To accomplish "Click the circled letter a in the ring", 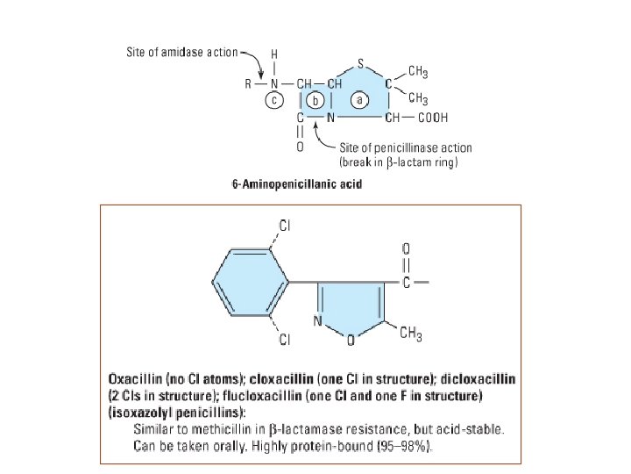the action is [359, 100].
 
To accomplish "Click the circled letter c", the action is [273, 100].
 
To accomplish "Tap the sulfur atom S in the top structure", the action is [361, 63].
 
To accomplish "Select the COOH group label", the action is [431, 117].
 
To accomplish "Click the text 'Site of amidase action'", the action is [181, 52].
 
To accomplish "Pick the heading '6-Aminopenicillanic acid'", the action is [296, 184].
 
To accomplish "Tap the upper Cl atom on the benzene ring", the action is [286, 226].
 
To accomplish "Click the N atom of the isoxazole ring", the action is [318, 320].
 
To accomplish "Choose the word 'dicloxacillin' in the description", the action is [479, 379].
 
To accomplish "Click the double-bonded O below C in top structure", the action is [301, 147].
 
